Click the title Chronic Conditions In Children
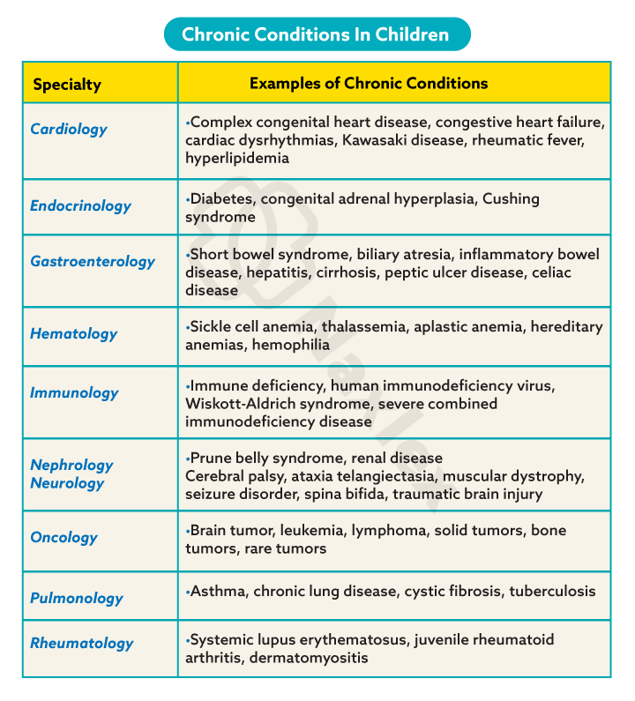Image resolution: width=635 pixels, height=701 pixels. [316, 34]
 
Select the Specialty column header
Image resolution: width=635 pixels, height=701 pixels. [67, 85]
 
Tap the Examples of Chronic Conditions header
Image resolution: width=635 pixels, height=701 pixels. [369, 84]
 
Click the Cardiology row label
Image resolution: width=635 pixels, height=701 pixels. [69, 129]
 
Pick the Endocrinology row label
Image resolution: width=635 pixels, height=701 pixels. [80, 205]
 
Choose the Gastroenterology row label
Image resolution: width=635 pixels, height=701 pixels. [92, 261]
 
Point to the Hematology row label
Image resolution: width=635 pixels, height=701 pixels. [73, 333]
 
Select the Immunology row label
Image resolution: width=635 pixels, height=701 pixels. [74, 393]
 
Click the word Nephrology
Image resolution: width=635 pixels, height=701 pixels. [71, 465]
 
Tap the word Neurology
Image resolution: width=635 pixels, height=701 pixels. [67, 483]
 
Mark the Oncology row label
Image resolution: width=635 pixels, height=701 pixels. [63, 537]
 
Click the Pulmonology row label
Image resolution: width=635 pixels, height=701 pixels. [77, 598]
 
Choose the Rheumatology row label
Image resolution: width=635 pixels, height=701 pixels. [81, 643]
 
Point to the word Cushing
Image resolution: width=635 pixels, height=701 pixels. [511, 198]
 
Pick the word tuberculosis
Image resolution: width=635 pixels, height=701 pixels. [552, 591]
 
